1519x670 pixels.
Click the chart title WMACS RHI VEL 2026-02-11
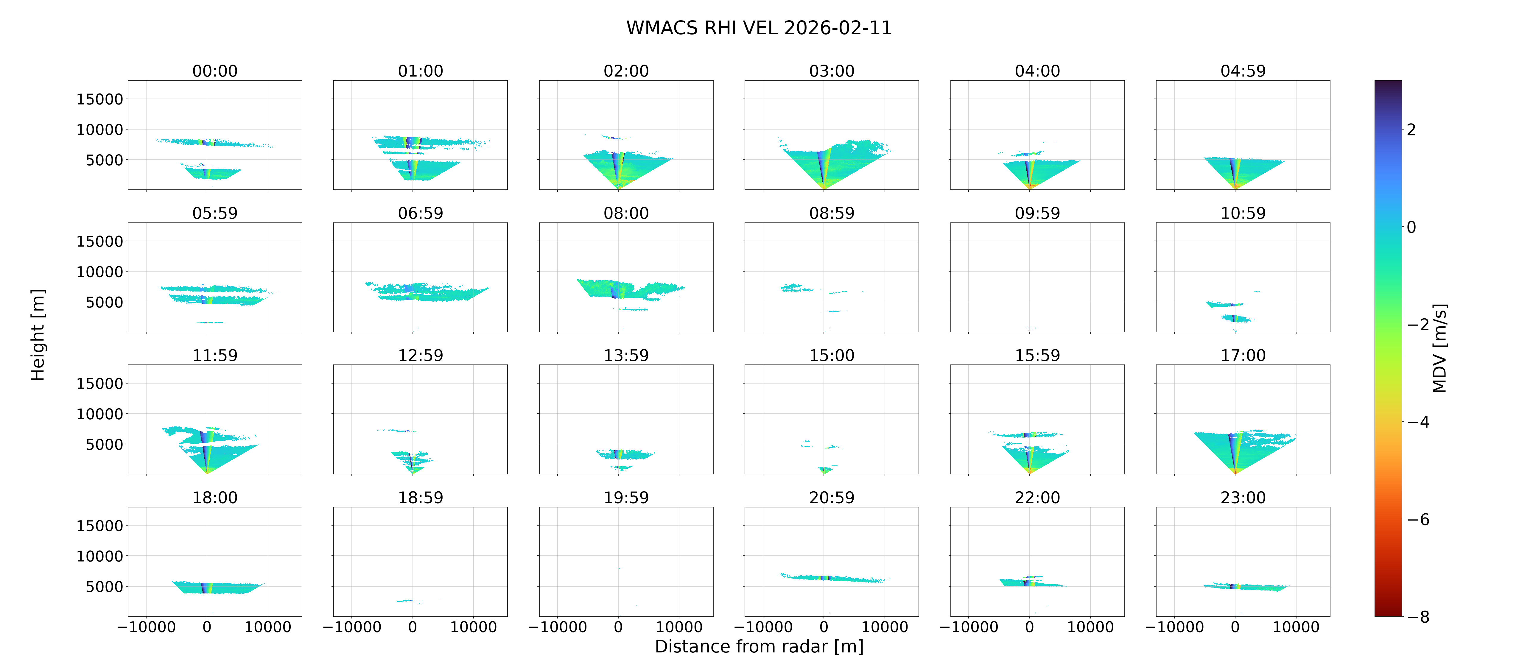(759, 28)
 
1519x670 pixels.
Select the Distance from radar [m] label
(759, 646)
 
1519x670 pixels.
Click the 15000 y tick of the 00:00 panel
(100, 99)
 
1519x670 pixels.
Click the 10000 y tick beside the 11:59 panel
(100, 414)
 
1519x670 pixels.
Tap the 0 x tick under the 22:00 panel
(1030, 627)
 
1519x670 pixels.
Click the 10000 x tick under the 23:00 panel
(1296, 627)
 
